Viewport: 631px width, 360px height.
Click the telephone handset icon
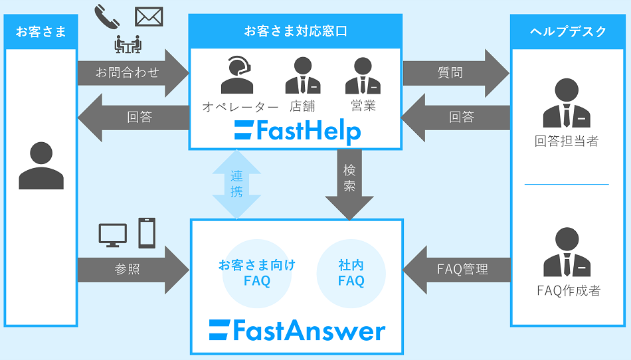tap(108, 17)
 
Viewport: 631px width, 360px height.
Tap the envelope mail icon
tap(149, 16)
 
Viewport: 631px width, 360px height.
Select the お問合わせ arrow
tap(130, 72)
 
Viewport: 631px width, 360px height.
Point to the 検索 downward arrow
tap(349, 186)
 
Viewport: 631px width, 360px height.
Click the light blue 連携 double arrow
tap(236, 185)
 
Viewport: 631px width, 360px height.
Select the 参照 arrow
tap(130, 269)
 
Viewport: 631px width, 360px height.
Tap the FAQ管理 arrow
tap(458, 269)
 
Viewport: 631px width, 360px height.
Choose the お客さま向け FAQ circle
tap(257, 273)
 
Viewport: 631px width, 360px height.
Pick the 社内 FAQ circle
tap(351, 273)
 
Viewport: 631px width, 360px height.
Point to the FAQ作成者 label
tap(568, 290)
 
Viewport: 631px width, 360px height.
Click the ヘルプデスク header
tap(568, 31)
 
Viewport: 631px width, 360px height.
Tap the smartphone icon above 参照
tap(147, 232)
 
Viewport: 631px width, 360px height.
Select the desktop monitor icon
tap(112, 235)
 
